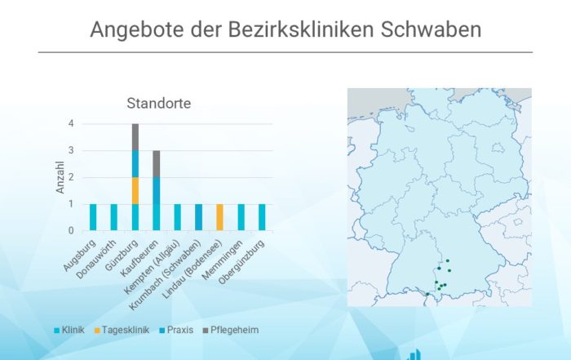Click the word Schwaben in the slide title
coord(431,29)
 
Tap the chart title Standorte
coord(159,104)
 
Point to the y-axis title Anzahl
coord(60,177)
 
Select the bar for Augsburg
coord(93,217)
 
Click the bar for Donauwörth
coord(114,217)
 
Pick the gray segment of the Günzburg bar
coord(135,137)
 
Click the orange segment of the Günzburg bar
coord(135,191)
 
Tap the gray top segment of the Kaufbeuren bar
coord(157,164)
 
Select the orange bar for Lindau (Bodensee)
coord(219,217)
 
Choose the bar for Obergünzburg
coord(262,217)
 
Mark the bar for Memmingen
coord(241,217)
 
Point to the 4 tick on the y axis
coord(71,123)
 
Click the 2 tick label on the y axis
coord(71,177)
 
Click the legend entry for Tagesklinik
coord(122,330)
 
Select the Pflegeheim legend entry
coord(231,330)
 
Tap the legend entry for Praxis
coord(177,330)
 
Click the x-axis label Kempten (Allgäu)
coord(152,267)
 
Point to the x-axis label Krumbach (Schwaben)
coord(165,276)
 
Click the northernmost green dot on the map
coord(448,260)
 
